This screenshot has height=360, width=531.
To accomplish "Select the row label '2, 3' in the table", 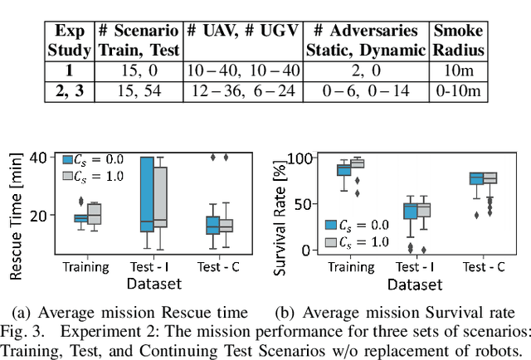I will pyautogui.click(x=69, y=89).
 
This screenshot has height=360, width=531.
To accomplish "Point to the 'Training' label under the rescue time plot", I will pyautogui.click(x=85, y=267).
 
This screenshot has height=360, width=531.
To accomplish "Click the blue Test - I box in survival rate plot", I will pyautogui.click(x=409, y=212).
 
